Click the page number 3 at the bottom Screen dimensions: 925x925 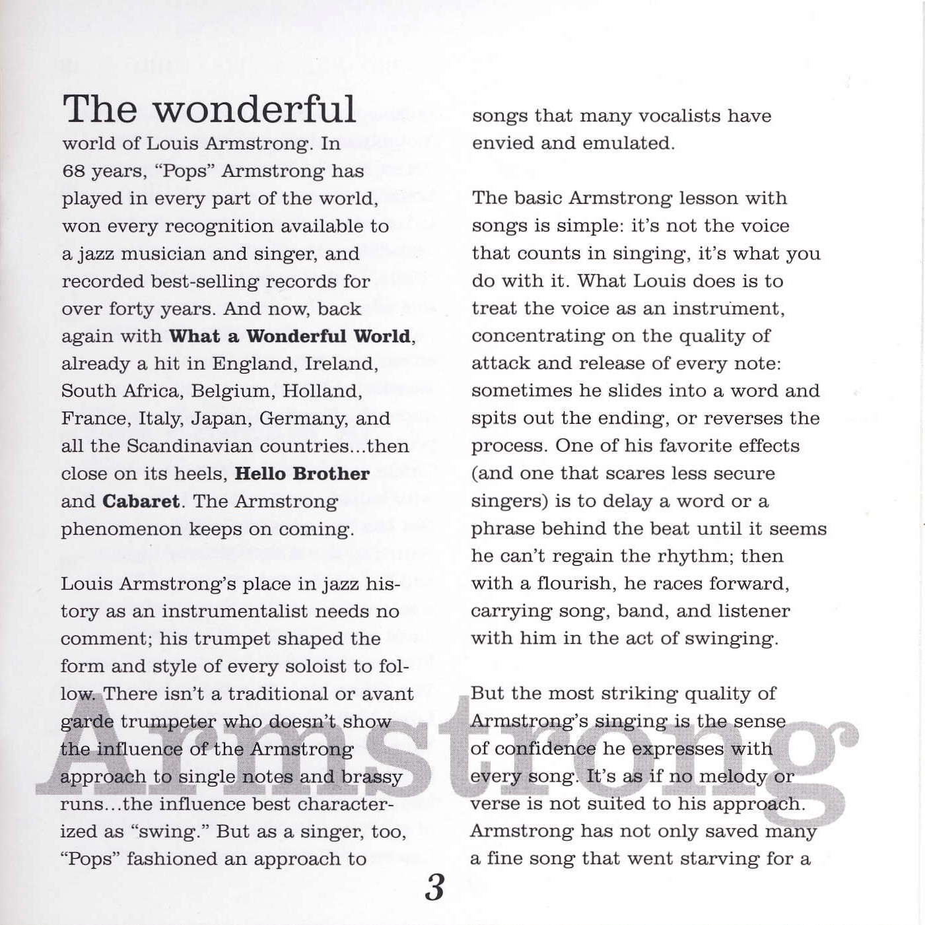tap(434, 888)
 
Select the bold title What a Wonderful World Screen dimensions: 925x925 tap(290, 336)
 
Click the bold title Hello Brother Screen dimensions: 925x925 tap(302, 474)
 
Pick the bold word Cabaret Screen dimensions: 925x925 tap(141, 502)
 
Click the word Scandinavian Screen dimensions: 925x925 tap(190, 446)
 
